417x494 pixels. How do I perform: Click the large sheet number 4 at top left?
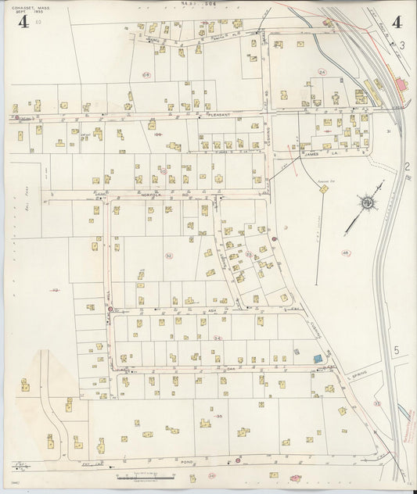click(x=24, y=22)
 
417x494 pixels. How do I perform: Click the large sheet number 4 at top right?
click(x=397, y=22)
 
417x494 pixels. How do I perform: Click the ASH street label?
click(x=211, y=310)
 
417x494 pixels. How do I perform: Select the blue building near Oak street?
click(x=317, y=357)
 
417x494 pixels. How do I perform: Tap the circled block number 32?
click(x=168, y=256)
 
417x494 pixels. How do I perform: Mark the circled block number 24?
click(x=322, y=72)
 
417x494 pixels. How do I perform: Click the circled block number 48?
click(x=345, y=252)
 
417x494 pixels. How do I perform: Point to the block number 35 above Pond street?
click(x=219, y=417)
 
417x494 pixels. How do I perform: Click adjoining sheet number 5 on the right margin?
click(x=397, y=350)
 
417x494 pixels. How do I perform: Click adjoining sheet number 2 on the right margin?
click(x=407, y=166)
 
